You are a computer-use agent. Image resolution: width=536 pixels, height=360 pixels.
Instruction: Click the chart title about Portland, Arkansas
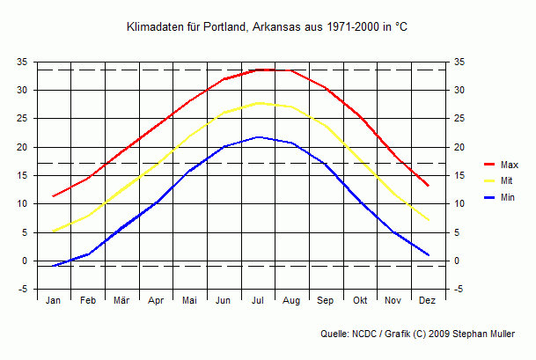(x=268, y=29)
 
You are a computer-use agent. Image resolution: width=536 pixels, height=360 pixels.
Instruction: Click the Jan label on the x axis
(x=54, y=301)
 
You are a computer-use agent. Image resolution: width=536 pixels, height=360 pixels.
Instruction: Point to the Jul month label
(x=258, y=301)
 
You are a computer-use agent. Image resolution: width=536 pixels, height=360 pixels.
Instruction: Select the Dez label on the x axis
(x=428, y=301)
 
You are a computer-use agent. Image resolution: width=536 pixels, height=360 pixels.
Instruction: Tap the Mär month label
(x=121, y=301)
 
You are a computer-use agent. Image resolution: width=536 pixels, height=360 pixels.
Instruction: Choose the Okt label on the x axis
(x=360, y=301)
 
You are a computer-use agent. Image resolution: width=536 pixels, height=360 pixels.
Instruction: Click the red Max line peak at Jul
(x=258, y=70)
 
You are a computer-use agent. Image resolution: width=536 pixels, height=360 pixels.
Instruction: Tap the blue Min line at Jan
(x=54, y=266)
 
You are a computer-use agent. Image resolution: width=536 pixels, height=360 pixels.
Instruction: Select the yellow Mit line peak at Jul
(x=258, y=103)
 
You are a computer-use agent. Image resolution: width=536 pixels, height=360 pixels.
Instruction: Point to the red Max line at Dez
(x=428, y=186)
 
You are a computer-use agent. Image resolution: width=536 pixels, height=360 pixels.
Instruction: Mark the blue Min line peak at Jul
(x=258, y=137)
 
